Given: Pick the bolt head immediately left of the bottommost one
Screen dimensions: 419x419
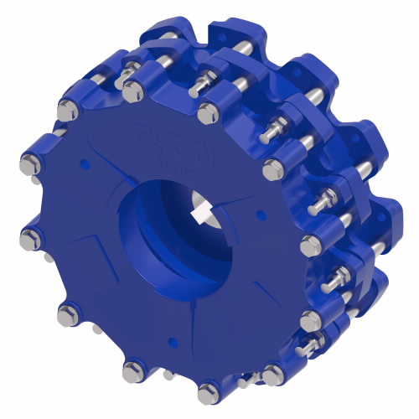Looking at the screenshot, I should pos(134,369).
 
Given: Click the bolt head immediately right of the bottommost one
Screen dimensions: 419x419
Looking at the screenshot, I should pos(274,375).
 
